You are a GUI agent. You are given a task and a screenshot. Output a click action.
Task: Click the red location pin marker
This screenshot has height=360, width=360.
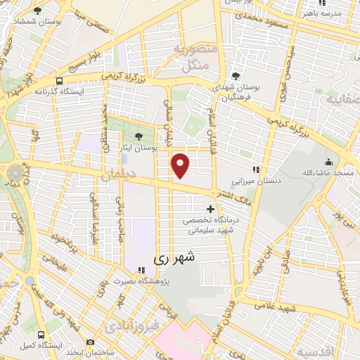[181, 166]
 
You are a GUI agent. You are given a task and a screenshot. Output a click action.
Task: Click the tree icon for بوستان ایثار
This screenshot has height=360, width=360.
[137, 136]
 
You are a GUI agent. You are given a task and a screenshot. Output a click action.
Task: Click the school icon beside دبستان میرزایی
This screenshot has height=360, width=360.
[257, 169]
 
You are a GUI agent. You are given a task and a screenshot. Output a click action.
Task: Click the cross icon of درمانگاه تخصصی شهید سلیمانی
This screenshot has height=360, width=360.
[210, 209]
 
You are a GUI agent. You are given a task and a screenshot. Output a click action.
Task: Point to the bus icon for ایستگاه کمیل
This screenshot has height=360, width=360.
[42, 334]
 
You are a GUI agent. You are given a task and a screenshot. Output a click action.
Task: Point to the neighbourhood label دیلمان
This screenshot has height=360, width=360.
[117, 176]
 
